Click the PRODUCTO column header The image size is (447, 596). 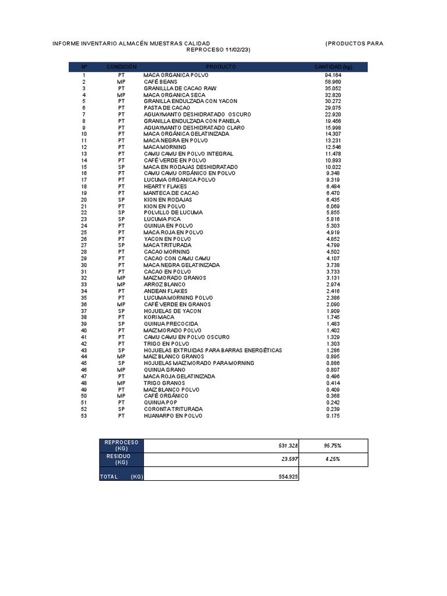(221, 67)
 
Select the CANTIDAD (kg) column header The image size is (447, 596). (333, 67)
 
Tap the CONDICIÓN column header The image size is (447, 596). (121, 67)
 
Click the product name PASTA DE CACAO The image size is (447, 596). (166, 108)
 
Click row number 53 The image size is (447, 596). (84, 416)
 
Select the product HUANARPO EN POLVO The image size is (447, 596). (172, 416)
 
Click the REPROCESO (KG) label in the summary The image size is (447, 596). (121, 446)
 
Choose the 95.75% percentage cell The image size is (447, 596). (332, 446)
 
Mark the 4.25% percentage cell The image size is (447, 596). (332, 459)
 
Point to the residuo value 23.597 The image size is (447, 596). (286, 459)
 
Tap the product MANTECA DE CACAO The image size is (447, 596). (171, 193)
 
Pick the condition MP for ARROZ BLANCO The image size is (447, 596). (121, 285)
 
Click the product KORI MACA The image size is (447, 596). (159, 317)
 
